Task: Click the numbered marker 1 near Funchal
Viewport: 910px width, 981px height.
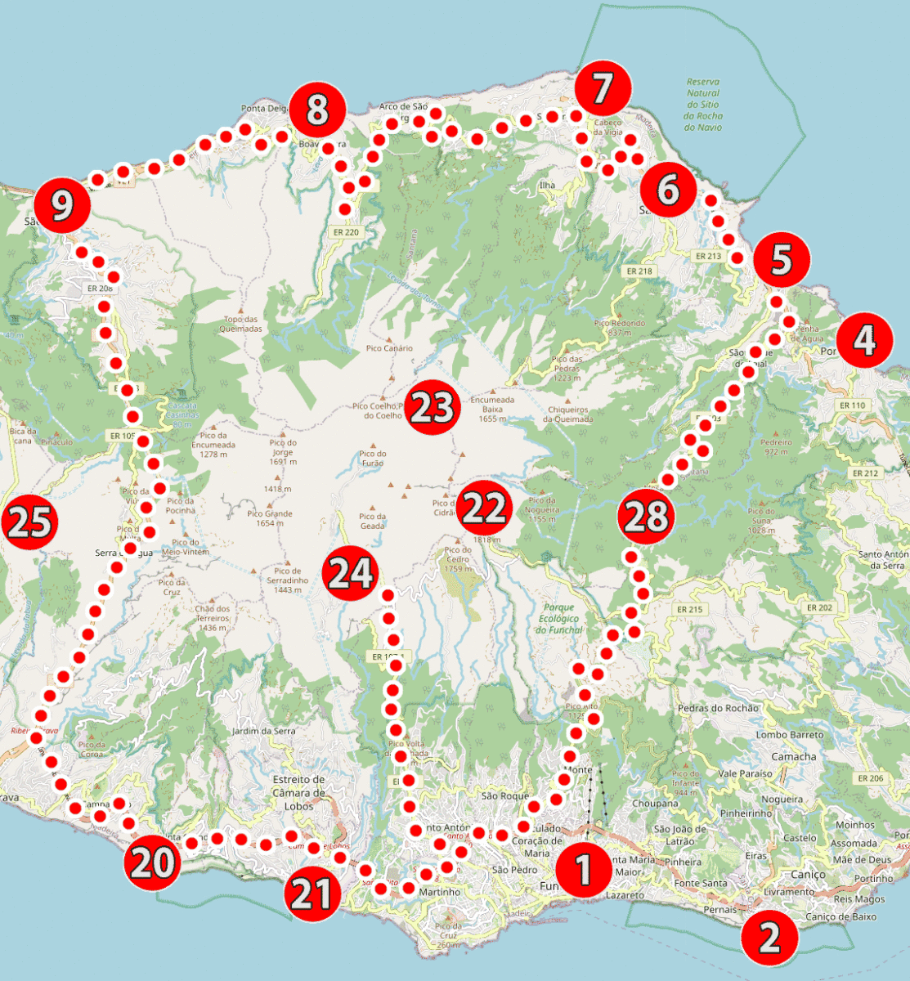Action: tap(584, 870)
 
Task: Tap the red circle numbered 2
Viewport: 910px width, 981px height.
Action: tap(770, 937)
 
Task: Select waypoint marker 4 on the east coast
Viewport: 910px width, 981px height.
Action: tap(865, 340)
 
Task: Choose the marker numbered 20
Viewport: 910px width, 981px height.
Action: tap(152, 862)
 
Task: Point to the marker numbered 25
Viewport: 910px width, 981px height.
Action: tap(29, 522)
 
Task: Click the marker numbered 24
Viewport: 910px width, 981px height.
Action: tap(351, 575)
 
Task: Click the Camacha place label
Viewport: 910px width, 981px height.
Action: tap(793, 757)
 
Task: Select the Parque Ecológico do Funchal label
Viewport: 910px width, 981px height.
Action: tap(558, 619)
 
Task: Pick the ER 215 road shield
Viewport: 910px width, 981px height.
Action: tap(689, 610)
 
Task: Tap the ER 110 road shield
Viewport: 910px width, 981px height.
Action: tap(852, 405)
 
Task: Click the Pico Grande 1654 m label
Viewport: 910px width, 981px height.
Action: tap(270, 518)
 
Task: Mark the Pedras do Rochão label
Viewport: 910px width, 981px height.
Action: tap(718, 708)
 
